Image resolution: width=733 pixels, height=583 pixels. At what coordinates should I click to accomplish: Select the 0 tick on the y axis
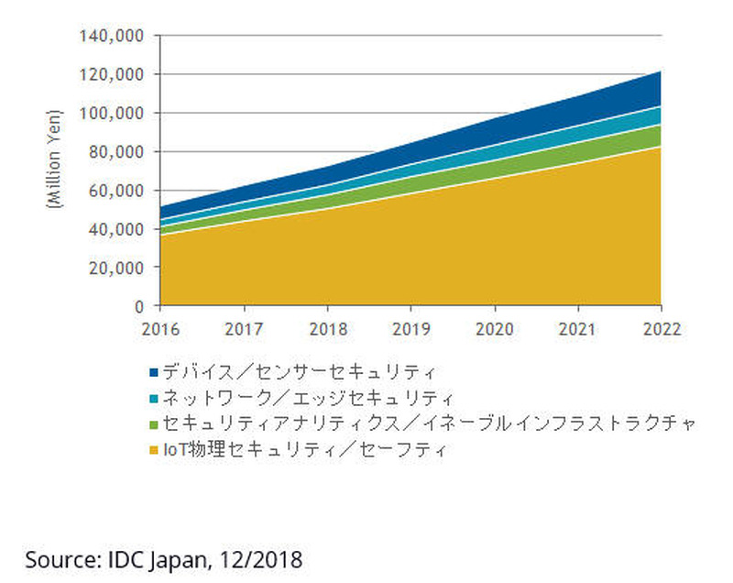tap(140, 305)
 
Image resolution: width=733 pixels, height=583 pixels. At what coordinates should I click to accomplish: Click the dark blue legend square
tap(154, 372)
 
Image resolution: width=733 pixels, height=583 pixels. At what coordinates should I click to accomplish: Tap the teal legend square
tap(154, 399)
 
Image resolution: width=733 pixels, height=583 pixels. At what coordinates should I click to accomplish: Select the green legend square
tap(154, 424)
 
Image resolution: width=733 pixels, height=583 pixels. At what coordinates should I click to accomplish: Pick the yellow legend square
tap(154, 450)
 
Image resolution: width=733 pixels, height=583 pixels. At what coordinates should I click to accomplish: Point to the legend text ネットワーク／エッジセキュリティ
tap(308, 399)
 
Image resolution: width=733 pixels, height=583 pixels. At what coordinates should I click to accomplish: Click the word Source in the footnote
tap(54, 559)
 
